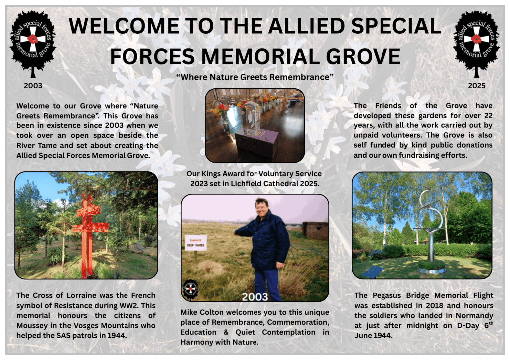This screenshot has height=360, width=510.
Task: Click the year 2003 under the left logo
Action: click(33, 86)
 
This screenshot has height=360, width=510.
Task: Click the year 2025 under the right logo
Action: click(476, 86)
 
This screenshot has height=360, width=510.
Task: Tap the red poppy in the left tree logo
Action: click(33, 39)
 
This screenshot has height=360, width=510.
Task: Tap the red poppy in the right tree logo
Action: click(476, 39)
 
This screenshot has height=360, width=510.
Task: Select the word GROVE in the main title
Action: click(363, 56)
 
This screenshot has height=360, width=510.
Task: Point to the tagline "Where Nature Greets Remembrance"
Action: click(255, 77)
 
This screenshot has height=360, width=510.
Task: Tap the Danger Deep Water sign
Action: click(196, 242)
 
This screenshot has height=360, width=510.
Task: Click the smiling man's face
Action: click(262, 209)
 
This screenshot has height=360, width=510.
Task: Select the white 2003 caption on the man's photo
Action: click(255, 297)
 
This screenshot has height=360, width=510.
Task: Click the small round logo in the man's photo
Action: click(190, 288)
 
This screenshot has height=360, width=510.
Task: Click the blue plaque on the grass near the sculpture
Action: click(373, 272)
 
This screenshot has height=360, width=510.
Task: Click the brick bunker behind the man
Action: click(315, 230)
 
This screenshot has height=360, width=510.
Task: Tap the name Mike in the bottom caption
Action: click(189, 312)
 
